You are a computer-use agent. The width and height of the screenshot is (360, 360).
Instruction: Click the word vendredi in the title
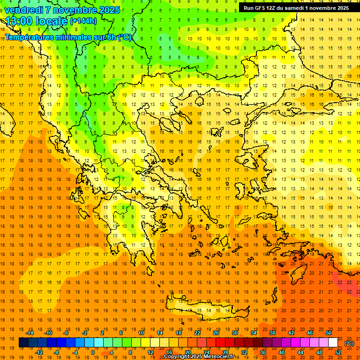tap(24, 10)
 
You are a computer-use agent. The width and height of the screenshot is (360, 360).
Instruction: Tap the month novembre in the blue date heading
tap(75, 10)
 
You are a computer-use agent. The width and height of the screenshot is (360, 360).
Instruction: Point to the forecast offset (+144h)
tap(83, 21)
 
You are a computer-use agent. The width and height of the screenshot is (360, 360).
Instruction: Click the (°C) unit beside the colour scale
tap(349, 343)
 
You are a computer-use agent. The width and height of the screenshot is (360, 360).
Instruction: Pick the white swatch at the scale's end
tap(333, 343)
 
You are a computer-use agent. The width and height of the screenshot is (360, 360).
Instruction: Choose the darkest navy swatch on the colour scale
tap(23, 343)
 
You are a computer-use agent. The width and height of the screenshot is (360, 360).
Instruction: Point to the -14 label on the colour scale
tap(30, 333)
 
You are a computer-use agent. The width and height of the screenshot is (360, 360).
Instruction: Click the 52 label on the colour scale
tap(338, 352)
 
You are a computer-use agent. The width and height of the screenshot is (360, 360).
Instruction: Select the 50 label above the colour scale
tap(329, 333)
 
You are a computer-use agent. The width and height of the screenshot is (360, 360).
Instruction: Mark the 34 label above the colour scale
tap(254, 333)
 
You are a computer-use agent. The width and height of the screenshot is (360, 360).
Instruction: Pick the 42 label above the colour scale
tap(291, 333)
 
